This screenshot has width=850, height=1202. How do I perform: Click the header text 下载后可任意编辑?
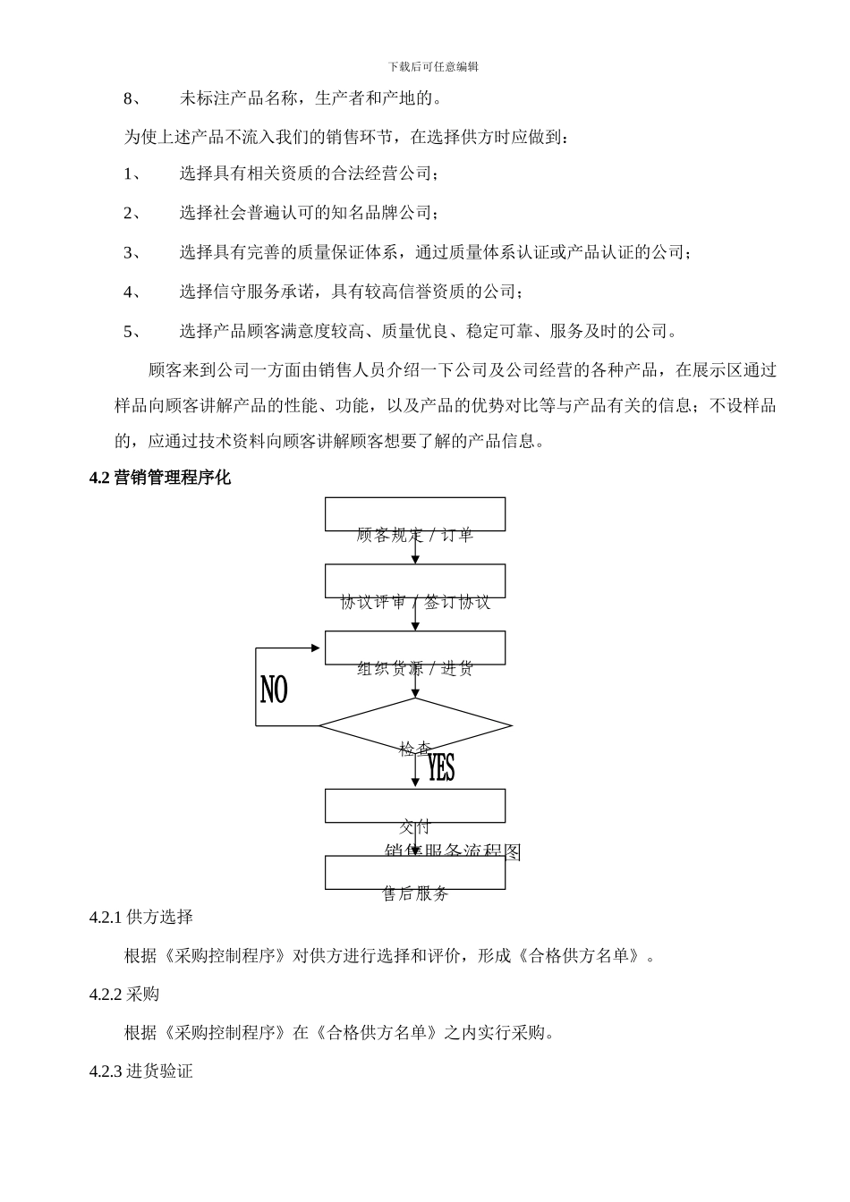434,67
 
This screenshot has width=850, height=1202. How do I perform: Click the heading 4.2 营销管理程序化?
160,478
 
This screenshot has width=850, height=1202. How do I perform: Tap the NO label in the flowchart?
274,690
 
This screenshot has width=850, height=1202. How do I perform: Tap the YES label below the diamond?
441,767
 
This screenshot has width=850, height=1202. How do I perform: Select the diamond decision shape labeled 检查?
415,725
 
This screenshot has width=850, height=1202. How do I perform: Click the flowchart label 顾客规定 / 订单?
415,536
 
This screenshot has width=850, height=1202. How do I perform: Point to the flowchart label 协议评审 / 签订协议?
415,602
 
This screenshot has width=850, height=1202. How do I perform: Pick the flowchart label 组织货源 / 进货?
415,669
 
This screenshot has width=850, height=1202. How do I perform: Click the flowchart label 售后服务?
415,893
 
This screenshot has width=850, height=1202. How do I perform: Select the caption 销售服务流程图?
453,851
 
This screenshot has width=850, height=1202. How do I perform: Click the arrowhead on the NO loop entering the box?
315,648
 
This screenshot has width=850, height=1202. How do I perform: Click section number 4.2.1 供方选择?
141,917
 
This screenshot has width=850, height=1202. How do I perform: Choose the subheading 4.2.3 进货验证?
141,1071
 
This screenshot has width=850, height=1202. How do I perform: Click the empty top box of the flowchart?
415,513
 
